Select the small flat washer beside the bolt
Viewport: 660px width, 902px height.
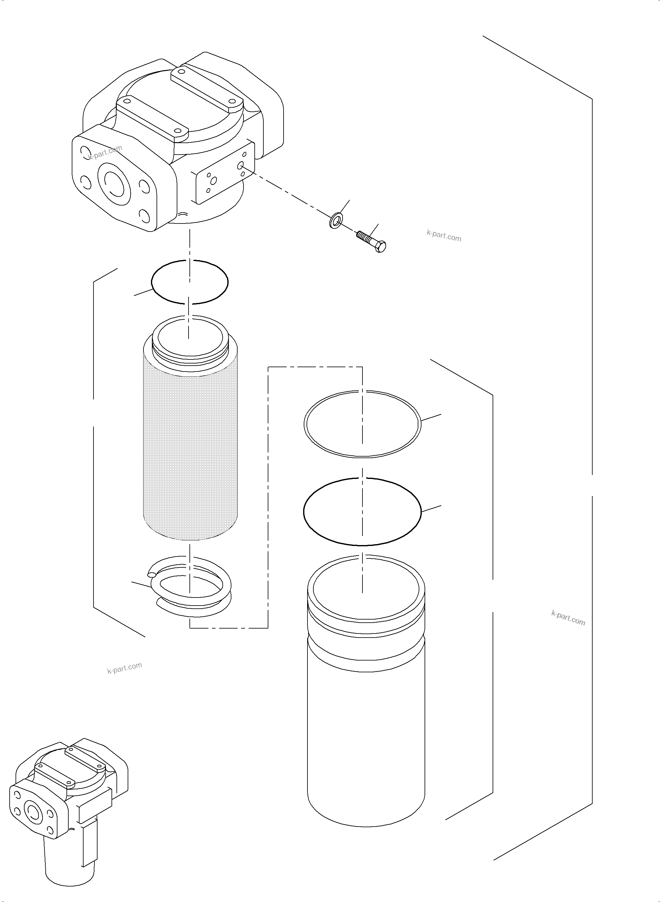[336, 220]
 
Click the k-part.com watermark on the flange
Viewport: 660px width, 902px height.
[105, 152]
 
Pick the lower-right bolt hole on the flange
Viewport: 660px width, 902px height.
[143, 217]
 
